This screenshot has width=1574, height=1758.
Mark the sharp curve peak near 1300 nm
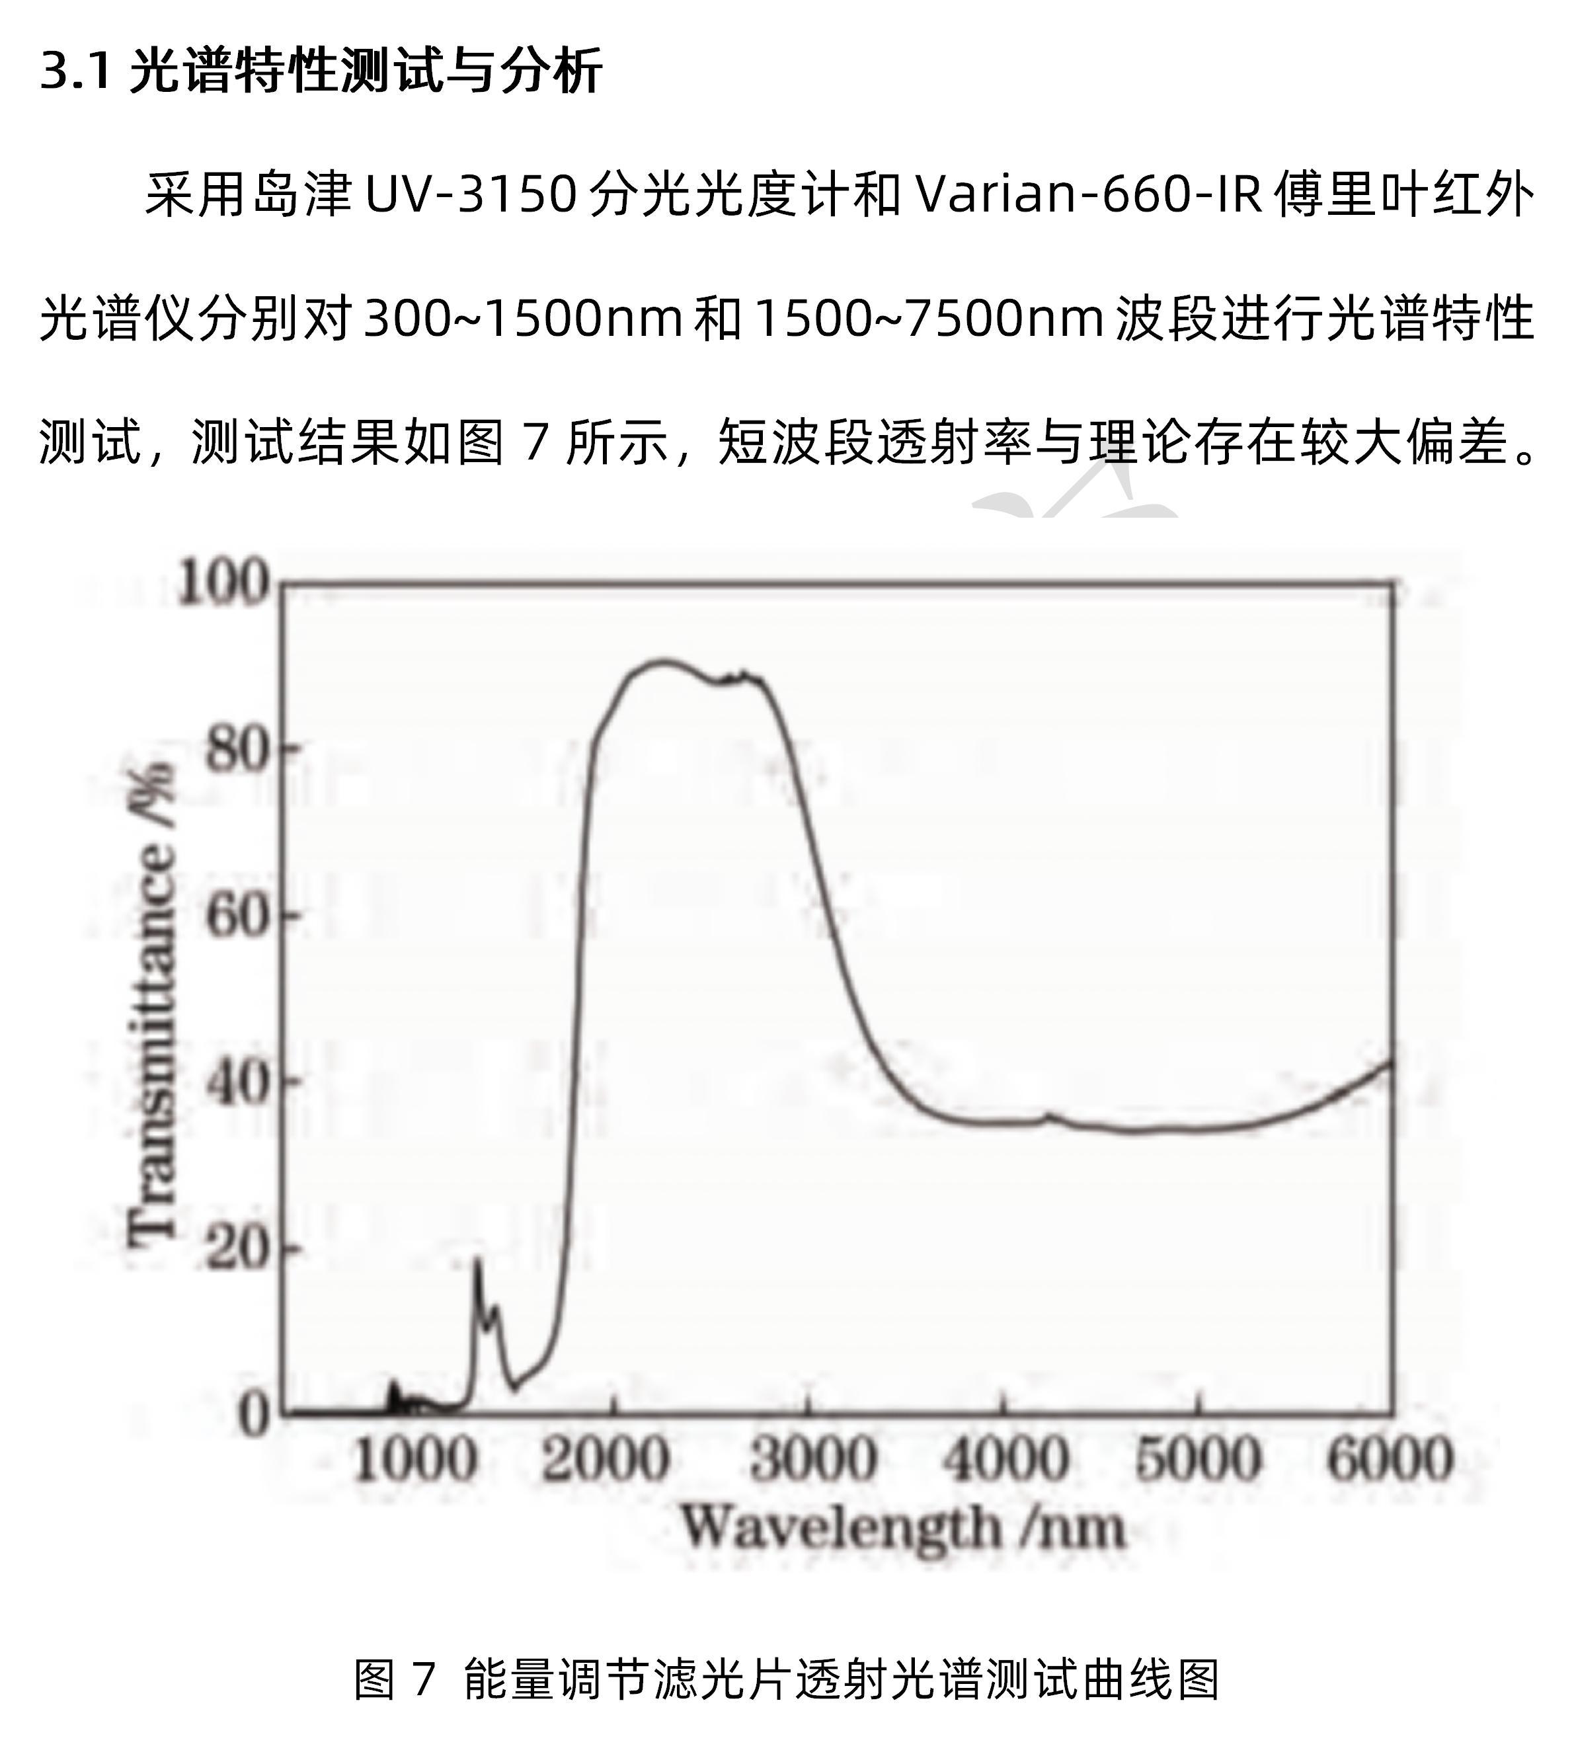(477, 1261)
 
